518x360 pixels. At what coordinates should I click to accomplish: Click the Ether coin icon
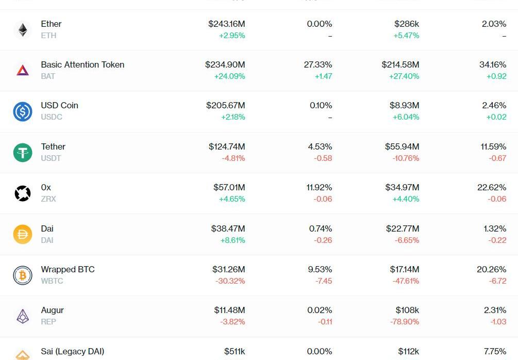(23, 30)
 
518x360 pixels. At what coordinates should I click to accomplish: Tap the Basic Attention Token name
(82, 65)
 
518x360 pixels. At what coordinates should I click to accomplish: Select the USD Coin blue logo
(23, 111)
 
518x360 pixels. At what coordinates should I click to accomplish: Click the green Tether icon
(23, 152)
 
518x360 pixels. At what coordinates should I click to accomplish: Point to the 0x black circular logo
(23, 193)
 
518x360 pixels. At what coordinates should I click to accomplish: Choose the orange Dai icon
(23, 234)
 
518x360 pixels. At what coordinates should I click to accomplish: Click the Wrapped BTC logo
(23, 275)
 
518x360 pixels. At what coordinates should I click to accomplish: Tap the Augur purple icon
(23, 316)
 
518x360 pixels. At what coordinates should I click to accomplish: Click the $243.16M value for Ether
(226, 24)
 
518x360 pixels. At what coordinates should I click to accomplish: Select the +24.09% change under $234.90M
(229, 76)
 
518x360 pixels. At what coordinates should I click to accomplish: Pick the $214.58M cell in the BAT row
(400, 65)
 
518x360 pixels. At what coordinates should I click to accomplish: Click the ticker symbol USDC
(52, 117)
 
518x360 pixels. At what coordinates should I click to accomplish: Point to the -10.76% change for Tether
(406, 158)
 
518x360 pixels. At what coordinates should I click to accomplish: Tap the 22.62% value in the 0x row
(491, 188)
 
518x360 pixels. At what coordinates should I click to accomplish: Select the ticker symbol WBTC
(52, 281)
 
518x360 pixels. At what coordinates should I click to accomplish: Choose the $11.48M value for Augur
(229, 310)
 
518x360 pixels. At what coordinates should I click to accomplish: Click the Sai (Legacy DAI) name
(73, 352)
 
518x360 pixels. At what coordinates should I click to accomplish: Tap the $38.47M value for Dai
(228, 228)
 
